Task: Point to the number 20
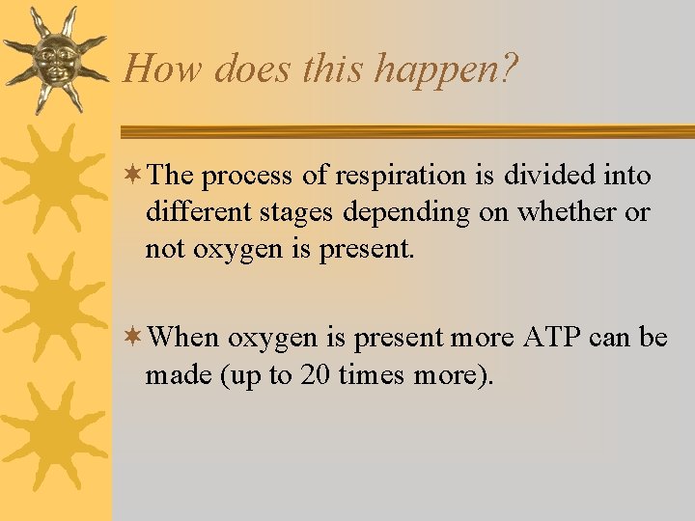click(311, 374)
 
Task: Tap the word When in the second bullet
click(186, 338)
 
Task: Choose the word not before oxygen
click(163, 249)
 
